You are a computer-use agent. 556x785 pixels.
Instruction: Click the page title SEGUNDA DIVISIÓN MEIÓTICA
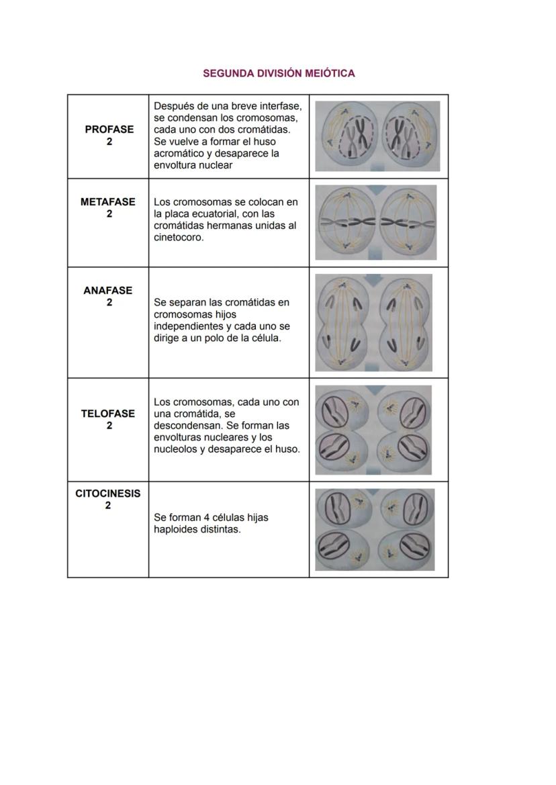279,73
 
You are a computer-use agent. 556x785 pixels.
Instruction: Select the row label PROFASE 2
109,136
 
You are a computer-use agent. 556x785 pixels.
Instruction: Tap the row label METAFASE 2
107,207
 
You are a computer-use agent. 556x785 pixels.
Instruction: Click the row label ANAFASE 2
107,296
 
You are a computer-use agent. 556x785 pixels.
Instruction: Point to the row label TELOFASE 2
107,419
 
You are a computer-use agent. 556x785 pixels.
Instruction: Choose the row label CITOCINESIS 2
107,499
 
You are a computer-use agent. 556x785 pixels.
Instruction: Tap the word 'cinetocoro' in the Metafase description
178,238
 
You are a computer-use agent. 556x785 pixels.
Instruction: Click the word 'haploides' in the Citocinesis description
176,529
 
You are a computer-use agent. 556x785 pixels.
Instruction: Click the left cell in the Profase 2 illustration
349,136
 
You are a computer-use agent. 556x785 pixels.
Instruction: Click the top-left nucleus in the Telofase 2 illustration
334,410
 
